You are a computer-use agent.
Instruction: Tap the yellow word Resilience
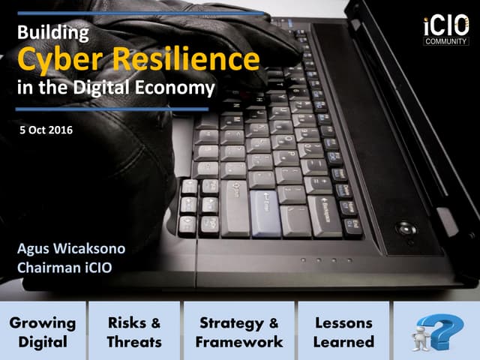190,58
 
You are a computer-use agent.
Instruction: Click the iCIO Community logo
446,30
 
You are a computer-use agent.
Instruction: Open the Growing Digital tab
43,331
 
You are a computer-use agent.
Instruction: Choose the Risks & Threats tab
134,331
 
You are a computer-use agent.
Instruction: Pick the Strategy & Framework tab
239,331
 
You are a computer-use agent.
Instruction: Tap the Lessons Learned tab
344,331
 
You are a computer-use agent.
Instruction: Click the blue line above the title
142,13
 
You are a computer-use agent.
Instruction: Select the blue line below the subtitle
112,109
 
